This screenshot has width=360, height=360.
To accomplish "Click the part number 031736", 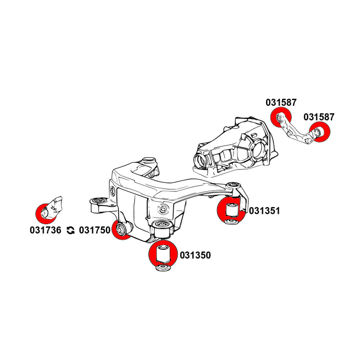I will (x=46, y=230).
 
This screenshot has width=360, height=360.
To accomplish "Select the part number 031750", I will (x=94, y=230).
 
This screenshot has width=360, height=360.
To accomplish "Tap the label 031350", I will (x=195, y=256).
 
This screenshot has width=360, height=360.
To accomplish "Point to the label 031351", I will (x=264, y=211).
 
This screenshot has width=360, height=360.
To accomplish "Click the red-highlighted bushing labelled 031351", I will (x=230, y=209).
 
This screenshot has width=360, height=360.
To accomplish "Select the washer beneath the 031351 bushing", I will (x=230, y=221).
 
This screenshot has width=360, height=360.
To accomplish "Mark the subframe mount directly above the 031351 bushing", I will (x=234, y=186).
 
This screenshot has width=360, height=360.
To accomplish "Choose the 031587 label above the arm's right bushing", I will (x=319, y=117).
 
